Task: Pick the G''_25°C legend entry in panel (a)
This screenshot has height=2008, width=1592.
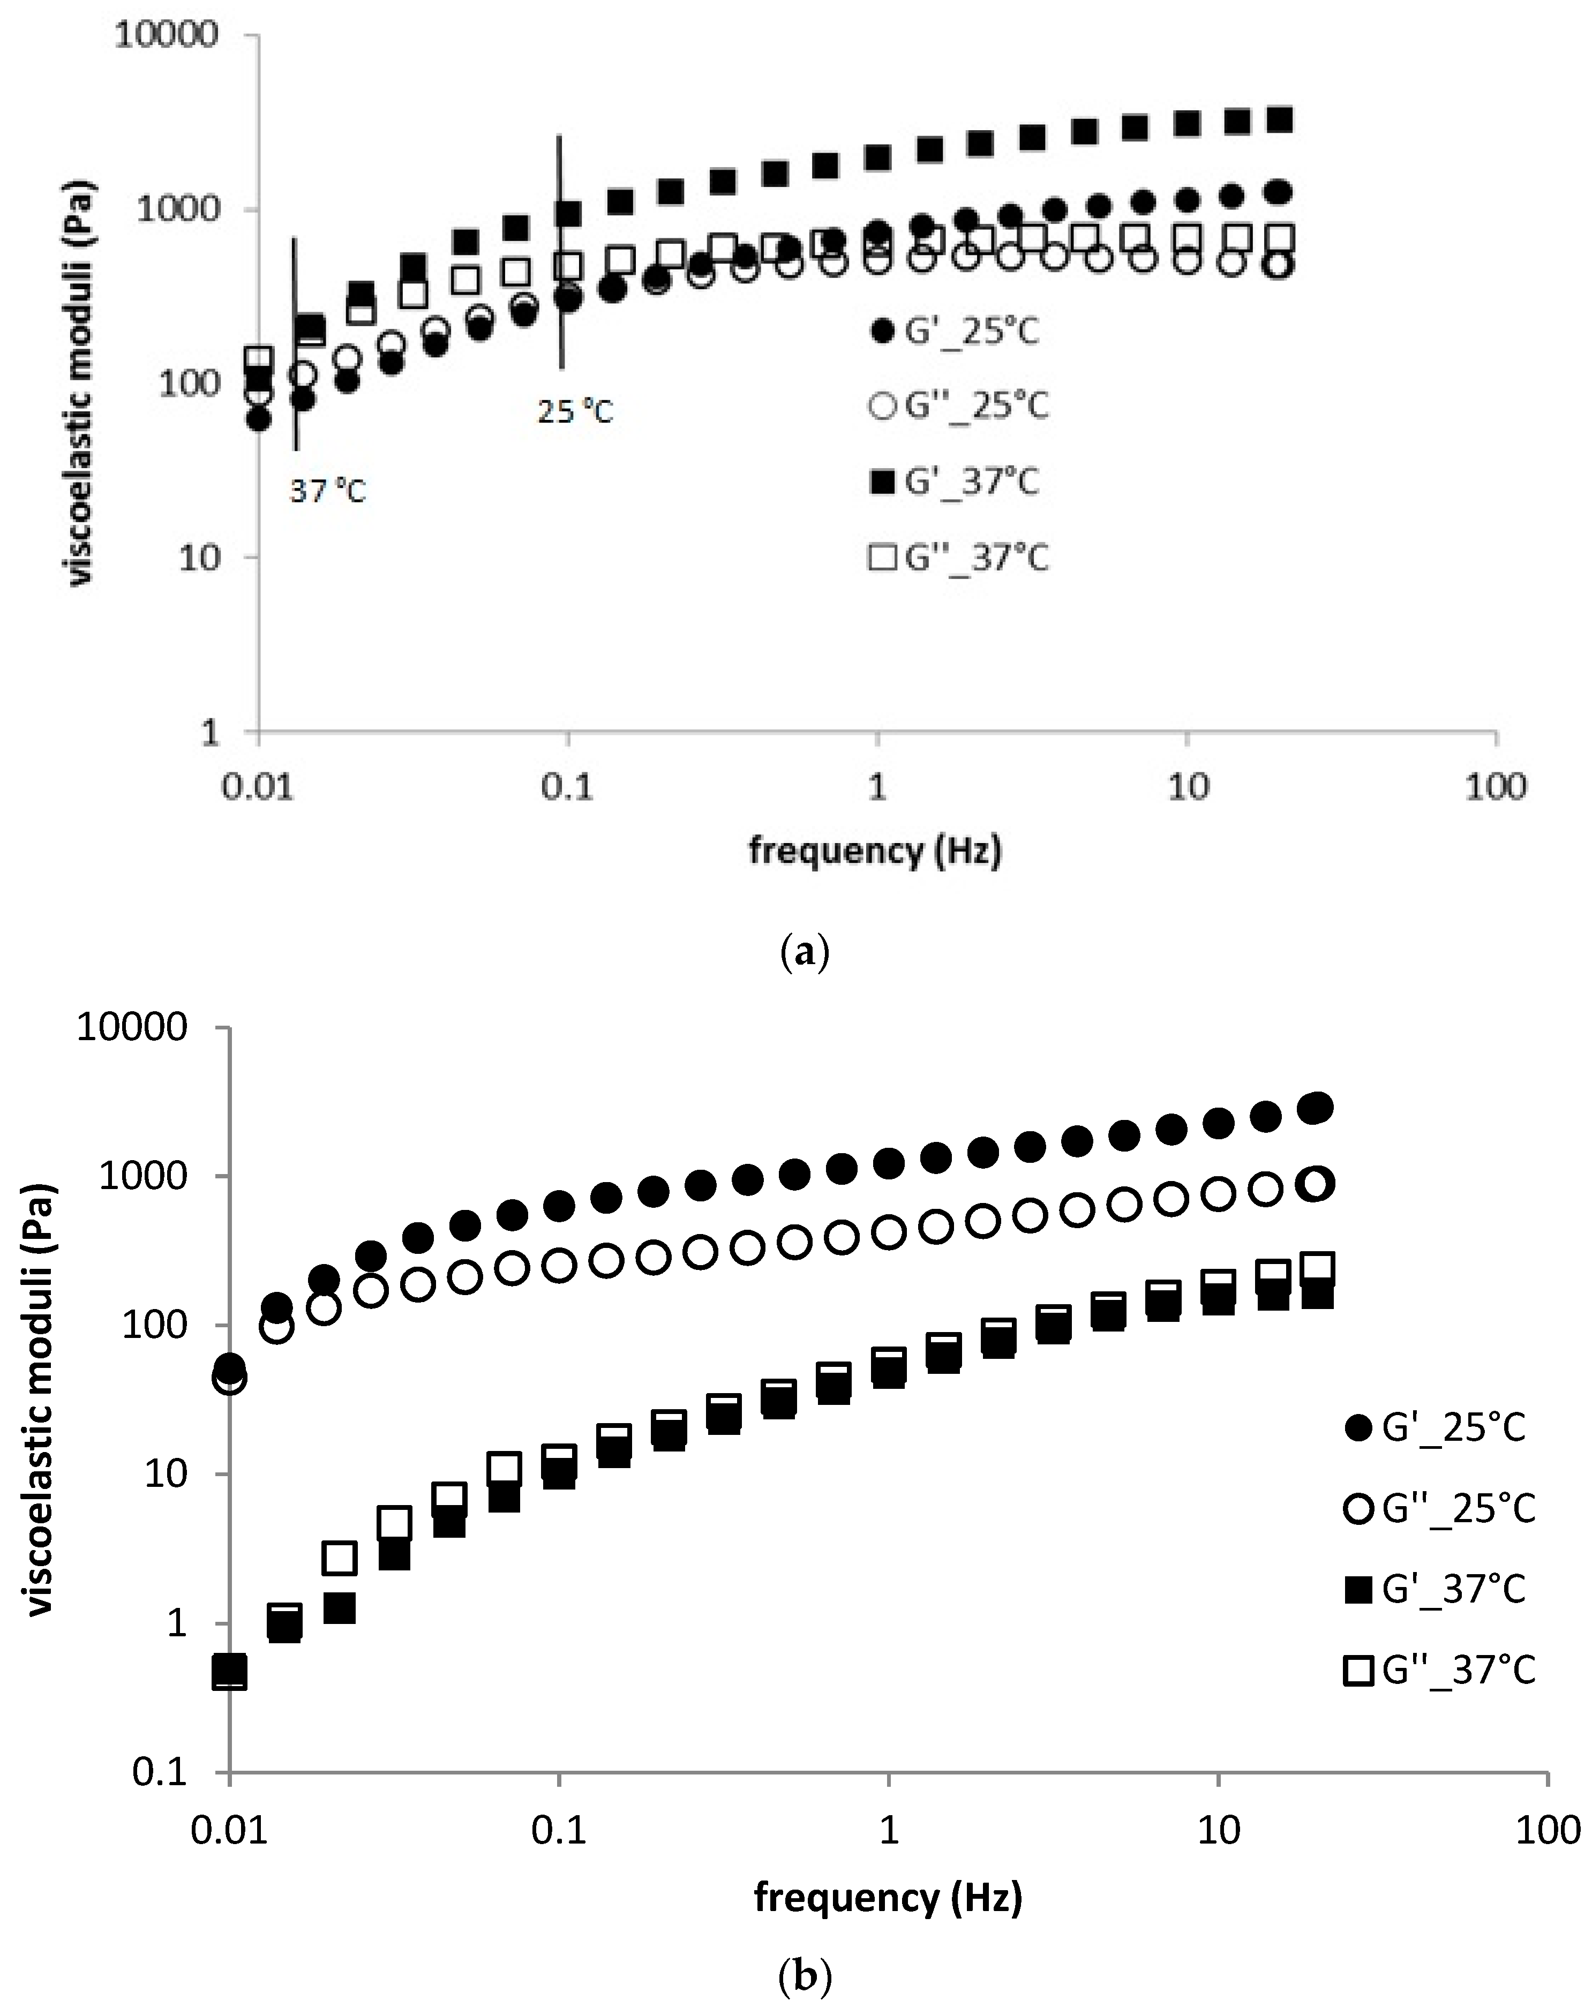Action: pyautogui.click(x=959, y=406)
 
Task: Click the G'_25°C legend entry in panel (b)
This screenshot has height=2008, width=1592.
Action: pyautogui.click(x=1437, y=1427)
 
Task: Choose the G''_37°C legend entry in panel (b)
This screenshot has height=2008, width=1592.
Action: pyautogui.click(x=1439, y=1669)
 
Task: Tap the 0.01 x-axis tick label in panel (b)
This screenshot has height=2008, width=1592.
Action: pyautogui.click(x=228, y=1831)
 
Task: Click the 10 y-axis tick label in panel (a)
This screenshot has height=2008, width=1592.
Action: pyautogui.click(x=196, y=559)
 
